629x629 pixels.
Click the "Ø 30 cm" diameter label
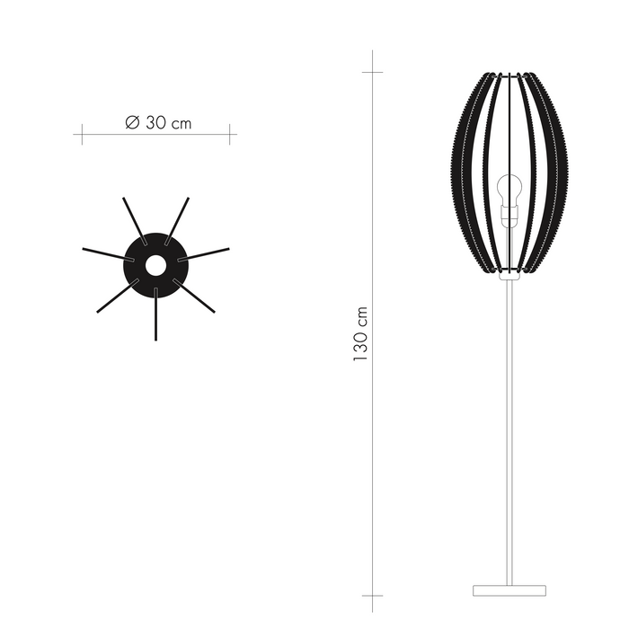(x=158, y=123)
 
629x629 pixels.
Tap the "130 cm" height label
(x=361, y=332)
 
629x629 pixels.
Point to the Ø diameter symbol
(x=132, y=123)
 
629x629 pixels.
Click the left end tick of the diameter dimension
(x=83, y=135)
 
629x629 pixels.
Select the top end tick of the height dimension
(x=373, y=71)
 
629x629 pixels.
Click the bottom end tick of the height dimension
(x=373, y=596)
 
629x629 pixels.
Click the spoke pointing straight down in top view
(x=155, y=314)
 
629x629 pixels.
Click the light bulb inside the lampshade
(x=509, y=190)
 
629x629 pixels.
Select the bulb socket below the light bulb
(x=509, y=217)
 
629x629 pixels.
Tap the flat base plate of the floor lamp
(x=509, y=590)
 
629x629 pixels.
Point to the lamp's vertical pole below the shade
(x=509, y=431)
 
